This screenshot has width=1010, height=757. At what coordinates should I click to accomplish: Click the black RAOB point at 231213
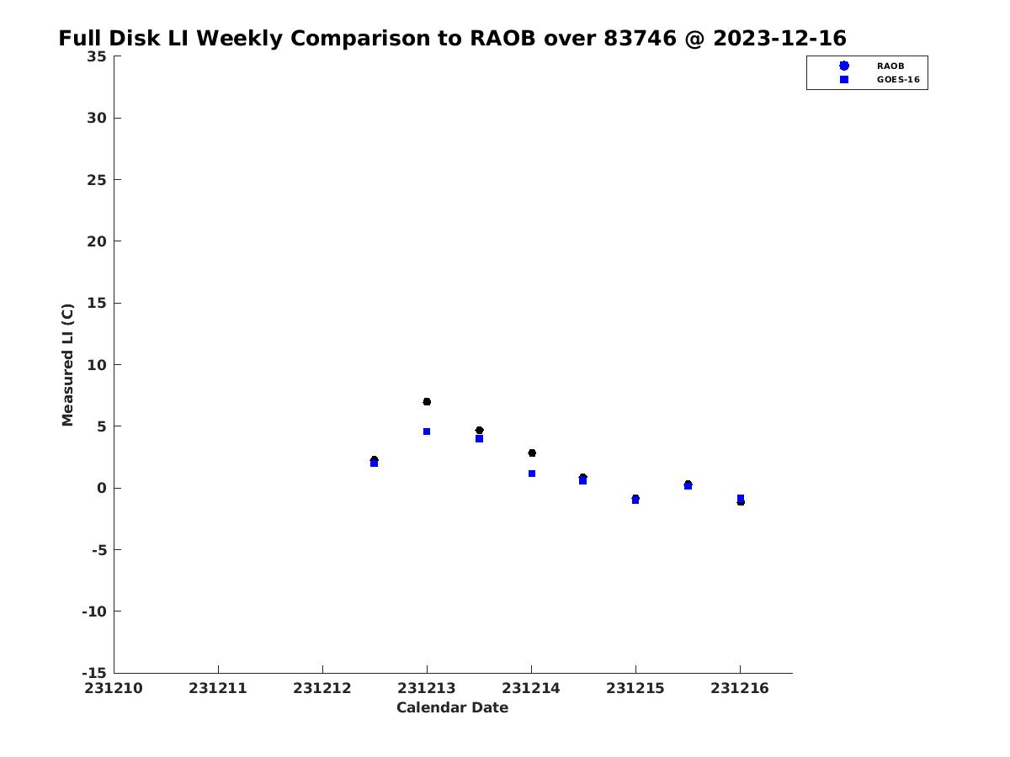click(x=427, y=402)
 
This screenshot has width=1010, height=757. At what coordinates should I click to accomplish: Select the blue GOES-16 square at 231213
click(x=427, y=431)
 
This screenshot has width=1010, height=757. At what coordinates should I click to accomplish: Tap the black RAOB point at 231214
click(x=532, y=453)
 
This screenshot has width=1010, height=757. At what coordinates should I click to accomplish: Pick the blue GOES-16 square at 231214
click(x=532, y=474)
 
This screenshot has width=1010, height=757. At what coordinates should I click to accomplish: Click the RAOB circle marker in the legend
click(x=844, y=66)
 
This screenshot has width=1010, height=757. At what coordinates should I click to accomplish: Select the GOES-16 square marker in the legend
click(x=844, y=80)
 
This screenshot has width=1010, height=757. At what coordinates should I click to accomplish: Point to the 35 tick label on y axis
click(x=97, y=56)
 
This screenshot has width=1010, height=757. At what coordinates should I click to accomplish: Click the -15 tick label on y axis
click(x=94, y=673)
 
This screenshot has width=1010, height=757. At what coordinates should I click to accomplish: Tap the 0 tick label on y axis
click(x=102, y=488)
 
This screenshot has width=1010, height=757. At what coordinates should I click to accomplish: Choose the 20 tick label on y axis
click(x=97, y=241)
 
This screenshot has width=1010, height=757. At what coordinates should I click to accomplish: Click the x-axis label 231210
click(x=114, y=689)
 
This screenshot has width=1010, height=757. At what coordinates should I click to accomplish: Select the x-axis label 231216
click(x=740, y=689)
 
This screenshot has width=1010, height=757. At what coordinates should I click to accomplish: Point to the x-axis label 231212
click(x=322, y=689)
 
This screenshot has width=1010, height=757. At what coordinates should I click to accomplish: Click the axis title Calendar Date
click(x=452, y=708)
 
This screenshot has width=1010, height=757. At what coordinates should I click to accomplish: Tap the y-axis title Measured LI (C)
click(x=67, y=365)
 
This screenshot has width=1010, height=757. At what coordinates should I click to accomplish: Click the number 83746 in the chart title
click(x=640, y=38)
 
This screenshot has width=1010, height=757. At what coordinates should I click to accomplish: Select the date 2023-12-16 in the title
click(x=780, y=38)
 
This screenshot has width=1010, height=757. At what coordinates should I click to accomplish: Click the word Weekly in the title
click(x=239, y=39)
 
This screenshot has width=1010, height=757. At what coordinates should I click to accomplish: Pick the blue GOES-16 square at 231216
click(x=741, y=498)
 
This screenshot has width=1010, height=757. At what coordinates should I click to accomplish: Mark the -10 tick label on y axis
click(x=94, y=611)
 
